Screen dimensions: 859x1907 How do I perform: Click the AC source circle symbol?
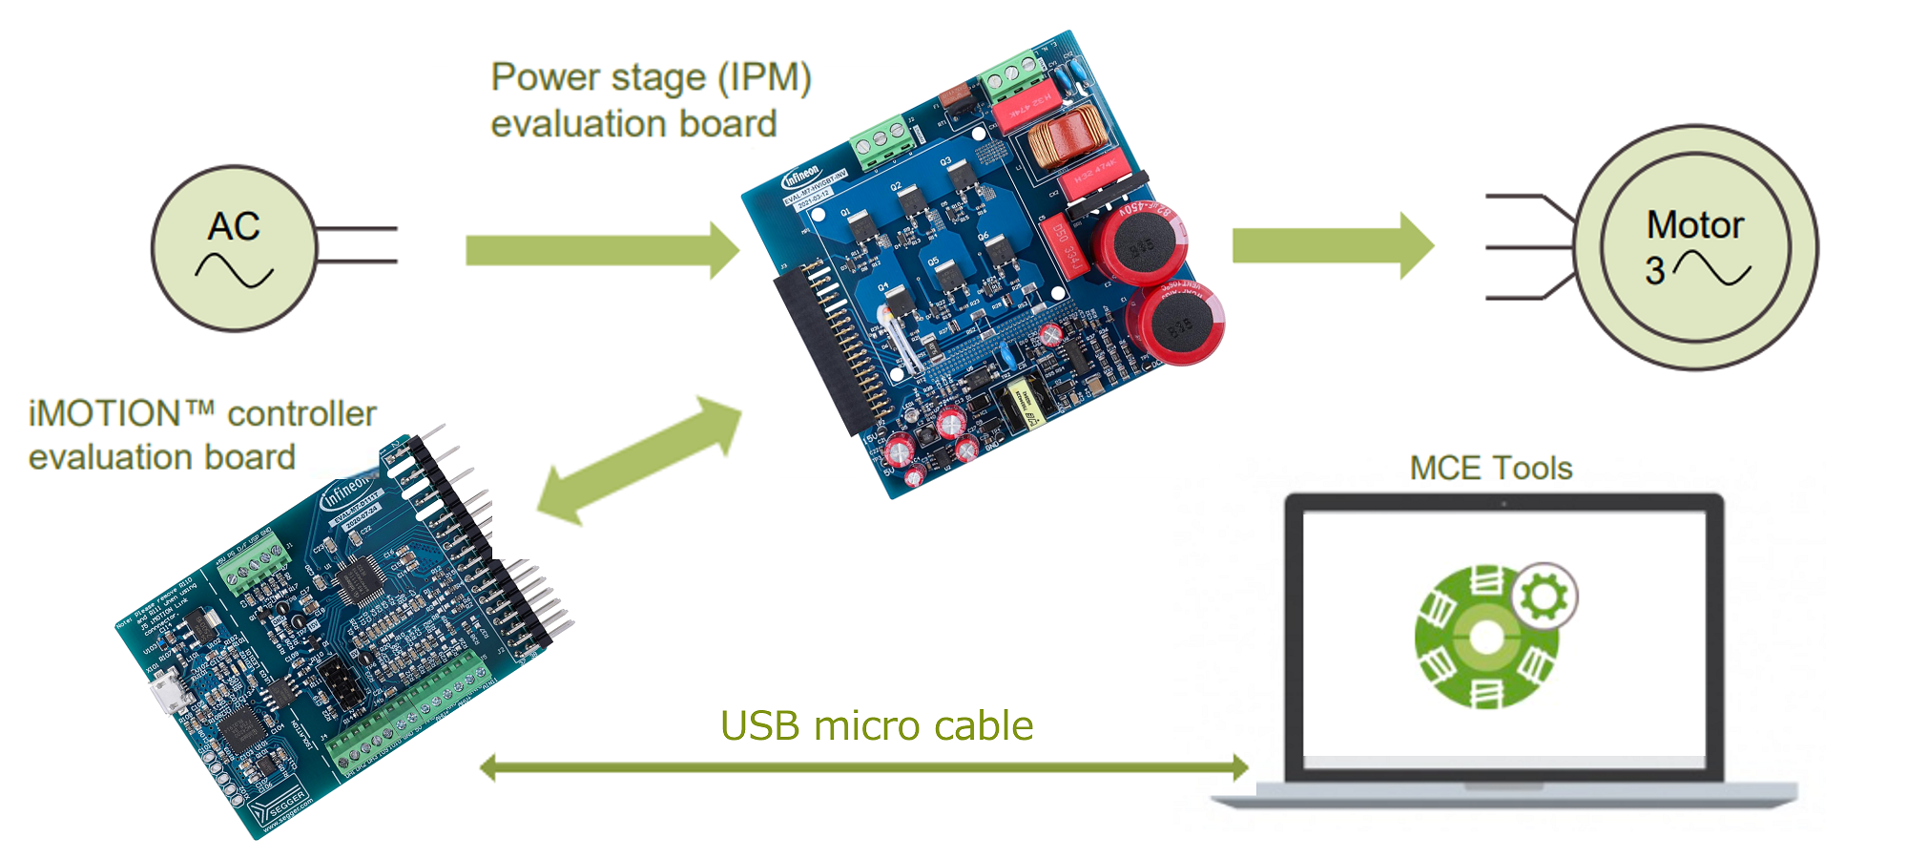(x=234, y=248)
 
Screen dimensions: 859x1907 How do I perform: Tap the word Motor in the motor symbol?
(x=1694, y=225)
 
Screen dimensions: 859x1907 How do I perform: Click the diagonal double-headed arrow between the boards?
(x=639, y=460)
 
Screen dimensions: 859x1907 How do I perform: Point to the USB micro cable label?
(x=876, y=726)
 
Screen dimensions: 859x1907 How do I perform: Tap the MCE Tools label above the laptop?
(x=1490, y=469)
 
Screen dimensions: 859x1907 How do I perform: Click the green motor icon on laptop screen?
(x=1484, y=638)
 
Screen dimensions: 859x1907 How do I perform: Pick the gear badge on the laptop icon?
(x=1544, y=597)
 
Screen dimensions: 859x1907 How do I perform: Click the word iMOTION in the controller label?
(x=105, y=414)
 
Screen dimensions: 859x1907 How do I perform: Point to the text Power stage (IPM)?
(x=651, y=77)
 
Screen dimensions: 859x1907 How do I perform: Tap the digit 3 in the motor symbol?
(x=1655, y=271)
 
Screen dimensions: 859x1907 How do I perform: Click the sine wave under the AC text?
(x=234, y=270)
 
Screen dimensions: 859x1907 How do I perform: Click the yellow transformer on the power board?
(x=1022, y=404)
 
